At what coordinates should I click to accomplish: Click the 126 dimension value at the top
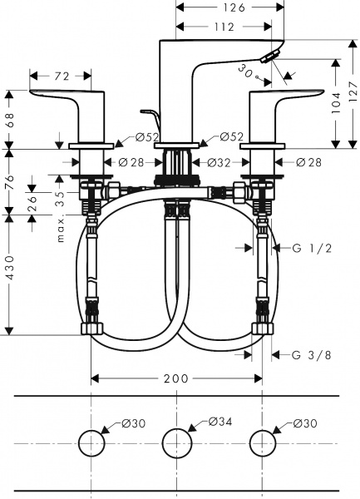pyautogui.click(x=235, y=8)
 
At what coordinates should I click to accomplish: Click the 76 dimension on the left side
pyautogui.click(x=9, y=180)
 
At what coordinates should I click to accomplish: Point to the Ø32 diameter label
pyautogui.click(x=217, y=161)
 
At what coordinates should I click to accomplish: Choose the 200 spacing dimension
pyautogui.click(x=175, y=379)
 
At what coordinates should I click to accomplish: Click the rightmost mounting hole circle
pyautogui.click(x=263, y=442)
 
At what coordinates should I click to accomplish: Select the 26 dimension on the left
pyautogui.click(x=32, y=200)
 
